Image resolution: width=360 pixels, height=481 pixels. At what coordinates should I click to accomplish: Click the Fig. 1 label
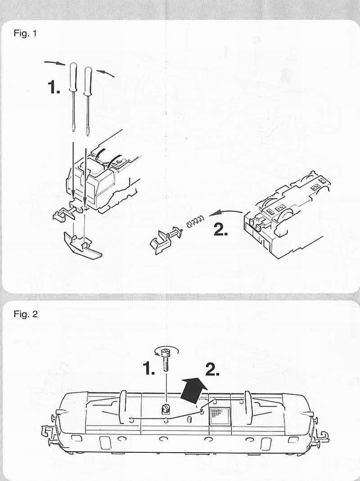click(25, 33)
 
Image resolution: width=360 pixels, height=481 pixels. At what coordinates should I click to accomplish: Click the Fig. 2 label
click(26, 314)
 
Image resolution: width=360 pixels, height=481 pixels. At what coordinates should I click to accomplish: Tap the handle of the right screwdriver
click(88, 81)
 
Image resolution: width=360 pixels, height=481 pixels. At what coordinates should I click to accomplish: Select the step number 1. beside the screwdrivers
click(54, 87)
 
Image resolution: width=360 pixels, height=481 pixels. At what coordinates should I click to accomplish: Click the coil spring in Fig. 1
click(194, 221)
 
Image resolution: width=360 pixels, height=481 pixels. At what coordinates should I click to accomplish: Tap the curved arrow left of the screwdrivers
click(54, 63)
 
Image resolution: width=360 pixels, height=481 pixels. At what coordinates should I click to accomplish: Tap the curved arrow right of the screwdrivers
click(106, 73)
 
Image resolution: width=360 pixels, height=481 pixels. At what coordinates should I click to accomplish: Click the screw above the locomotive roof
click(166, 359)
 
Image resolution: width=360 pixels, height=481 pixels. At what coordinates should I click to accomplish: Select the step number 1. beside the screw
click(149, 369)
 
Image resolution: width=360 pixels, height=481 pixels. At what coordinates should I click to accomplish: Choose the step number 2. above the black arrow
click(212, 370)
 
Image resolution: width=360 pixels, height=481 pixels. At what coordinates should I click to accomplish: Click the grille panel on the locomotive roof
click(220, 417)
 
